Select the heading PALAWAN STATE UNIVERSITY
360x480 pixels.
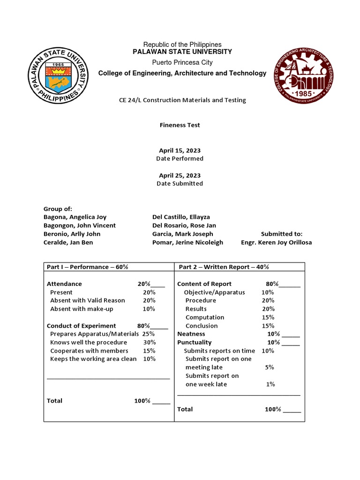[x=182, y=52]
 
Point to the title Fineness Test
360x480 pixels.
[x=180, y=125]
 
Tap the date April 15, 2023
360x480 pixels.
[x=180, y=150]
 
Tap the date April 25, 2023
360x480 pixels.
[x=180, y=175]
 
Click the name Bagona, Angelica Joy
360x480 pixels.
[x=75, y=217]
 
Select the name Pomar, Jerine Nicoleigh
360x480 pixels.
[x=187, y=242]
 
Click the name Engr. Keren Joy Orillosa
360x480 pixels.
[x=276, y=242]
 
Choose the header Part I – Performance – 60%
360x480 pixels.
[x=88, y=267]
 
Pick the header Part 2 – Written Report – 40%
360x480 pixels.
[x=224, y=267]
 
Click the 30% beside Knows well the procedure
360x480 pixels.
[x=149, y=343]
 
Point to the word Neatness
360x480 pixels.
[x=191, y=334]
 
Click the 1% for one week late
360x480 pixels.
[x=270, y=384]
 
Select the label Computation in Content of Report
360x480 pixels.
[x=205, y=317]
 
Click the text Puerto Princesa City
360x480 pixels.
[x=182, y=62]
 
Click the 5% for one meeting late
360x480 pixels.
[x=270, y=367]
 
